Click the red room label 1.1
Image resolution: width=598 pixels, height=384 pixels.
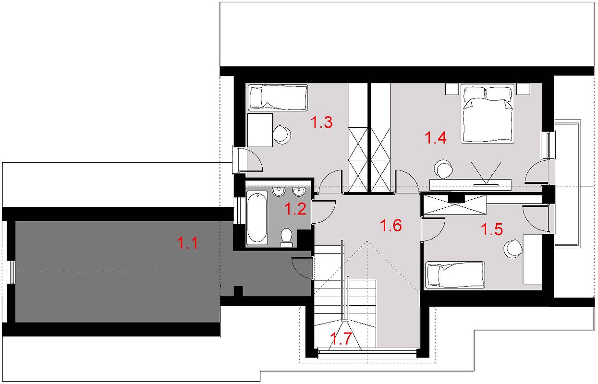187,243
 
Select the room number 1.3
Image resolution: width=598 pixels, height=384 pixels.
322,122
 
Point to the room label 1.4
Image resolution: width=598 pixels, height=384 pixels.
436,138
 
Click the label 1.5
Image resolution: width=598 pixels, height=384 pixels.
492,229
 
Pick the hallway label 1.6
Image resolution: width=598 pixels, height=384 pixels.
391,225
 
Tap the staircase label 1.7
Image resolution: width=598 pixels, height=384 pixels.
342,338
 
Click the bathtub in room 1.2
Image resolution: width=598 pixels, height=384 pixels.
257,217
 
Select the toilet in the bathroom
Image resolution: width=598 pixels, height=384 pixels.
287,237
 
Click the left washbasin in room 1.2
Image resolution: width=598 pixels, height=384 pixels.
279,192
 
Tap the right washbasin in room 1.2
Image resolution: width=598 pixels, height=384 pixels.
299,192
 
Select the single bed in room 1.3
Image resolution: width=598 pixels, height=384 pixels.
278,97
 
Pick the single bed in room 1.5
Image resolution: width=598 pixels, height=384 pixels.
455,275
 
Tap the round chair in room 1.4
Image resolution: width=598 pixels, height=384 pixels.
443,169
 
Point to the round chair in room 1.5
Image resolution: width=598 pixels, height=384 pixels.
513,249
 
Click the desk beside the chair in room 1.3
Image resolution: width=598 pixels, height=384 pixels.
260,130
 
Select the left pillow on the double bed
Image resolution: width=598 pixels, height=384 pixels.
475,93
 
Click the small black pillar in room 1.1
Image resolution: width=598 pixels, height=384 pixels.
238,291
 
